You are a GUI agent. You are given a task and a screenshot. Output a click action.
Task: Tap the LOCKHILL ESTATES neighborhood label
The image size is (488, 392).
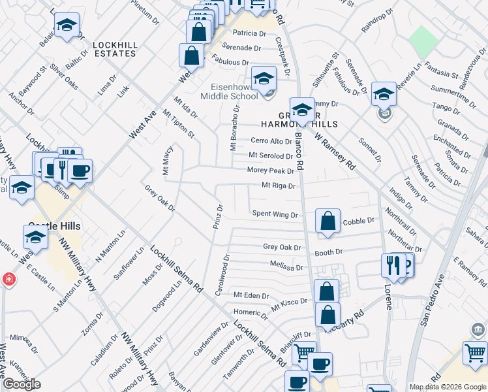click(x=114, y=48)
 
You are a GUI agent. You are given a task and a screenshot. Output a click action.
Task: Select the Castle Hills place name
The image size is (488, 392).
click(x=65, y=225)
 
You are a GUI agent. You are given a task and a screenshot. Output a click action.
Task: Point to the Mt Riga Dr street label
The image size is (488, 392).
click(x=279, y=186)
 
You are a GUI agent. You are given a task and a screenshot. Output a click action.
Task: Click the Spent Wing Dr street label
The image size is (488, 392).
click(x=275, y=214)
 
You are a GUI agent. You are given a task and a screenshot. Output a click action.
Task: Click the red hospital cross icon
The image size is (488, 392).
click(x=8, y=279)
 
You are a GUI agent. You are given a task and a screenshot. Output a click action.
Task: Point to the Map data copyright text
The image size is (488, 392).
click(x=448, y=387)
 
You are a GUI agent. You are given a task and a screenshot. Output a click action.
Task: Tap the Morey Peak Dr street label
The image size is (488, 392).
click(x=271, y=170)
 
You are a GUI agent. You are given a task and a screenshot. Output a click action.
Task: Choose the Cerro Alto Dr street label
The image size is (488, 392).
click(x=271, y=140)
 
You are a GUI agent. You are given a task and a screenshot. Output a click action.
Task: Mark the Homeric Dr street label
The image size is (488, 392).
click(x=251, y=312)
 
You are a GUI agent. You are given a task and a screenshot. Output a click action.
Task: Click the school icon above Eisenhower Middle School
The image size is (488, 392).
click(x=264, y=80)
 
